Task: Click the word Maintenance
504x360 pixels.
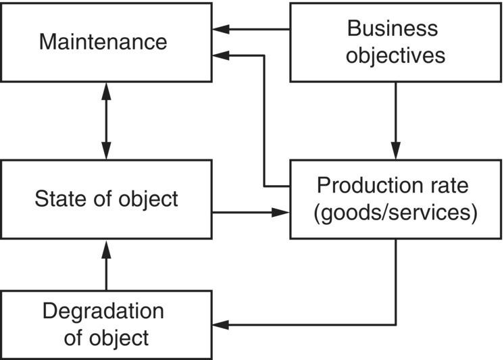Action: (x=103, y=42)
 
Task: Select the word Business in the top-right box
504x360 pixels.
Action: (x=392, y=28)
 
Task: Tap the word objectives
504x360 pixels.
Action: (x=395, y=55)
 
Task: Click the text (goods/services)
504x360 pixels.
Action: (x=395, y=213)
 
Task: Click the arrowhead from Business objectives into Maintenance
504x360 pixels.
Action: (x=220, y=30)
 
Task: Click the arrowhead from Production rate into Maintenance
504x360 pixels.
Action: (x=220, y=56)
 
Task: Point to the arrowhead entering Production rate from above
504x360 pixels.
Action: (x=396, y=151)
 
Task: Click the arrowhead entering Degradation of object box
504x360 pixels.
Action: (x=220, y=325)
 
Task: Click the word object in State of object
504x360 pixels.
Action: (x=147, y=199)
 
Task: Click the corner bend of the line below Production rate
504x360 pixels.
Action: (x=396, y=325)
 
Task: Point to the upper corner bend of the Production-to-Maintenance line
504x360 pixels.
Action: (x=263, y=56)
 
